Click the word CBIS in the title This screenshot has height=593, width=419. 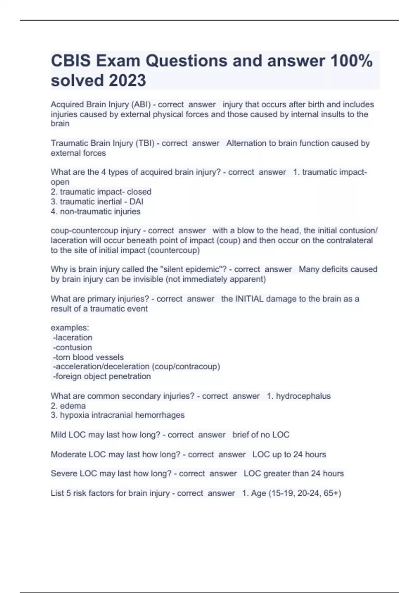(71, 61)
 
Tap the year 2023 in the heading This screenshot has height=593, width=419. (127, 81)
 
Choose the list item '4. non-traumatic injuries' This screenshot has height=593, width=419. (95, 211)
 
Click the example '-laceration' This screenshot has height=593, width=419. (73, 338)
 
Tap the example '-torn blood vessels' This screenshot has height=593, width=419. (88, 357)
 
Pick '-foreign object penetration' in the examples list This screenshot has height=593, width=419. (102, 376)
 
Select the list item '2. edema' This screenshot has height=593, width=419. (68, 406)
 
